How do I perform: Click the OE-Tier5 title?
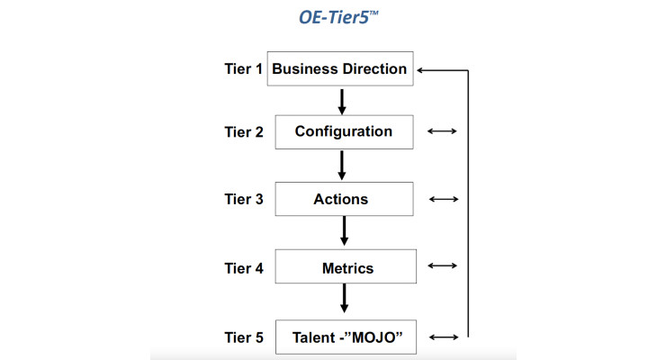pos(338,17)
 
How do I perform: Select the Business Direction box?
pos(340,68)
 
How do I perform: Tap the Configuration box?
pos(344,132)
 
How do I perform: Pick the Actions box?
pos(344,199)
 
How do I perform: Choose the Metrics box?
pos(346,266)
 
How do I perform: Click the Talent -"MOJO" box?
pos(346,337)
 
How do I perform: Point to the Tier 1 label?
pos(243,68)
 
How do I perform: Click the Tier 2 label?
pos(244,132)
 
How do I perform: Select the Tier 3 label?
pos(244,199)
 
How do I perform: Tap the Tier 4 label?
pos(244,268)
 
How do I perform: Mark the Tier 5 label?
pos(244,337)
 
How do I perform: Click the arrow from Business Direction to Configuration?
pos(342,102)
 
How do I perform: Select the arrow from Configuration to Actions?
pos(342,166)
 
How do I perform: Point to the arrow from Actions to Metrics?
pos(344,231)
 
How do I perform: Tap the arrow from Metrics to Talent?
pos(344,299)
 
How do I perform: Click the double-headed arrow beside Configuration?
pos(442,131)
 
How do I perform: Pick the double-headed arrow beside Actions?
pos(444,199)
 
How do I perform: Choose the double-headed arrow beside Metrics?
pos(442,265)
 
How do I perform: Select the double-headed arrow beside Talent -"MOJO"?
pos(444,337)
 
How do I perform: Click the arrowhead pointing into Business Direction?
pos(419,70)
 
